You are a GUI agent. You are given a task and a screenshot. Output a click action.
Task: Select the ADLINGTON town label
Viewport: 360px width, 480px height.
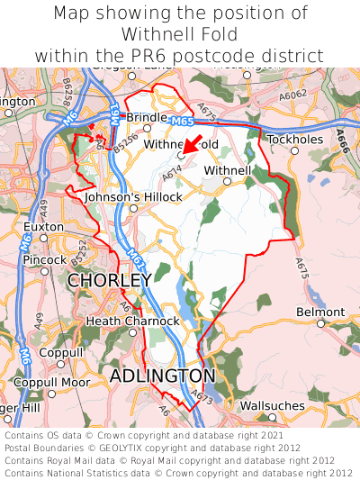pos(162,375)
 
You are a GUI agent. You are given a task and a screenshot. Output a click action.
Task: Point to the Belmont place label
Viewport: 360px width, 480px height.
pos(320,312)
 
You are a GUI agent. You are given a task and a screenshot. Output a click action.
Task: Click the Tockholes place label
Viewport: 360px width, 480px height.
pos(293,140)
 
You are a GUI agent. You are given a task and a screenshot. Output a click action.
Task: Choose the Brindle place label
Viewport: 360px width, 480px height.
pos(146,117)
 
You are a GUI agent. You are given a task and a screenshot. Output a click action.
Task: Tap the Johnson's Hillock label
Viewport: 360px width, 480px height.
pos(133,196)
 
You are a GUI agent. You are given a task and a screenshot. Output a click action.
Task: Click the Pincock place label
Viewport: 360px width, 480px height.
pos(45,259)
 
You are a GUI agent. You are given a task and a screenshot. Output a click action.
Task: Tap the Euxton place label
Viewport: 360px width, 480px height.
pos(44,226)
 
